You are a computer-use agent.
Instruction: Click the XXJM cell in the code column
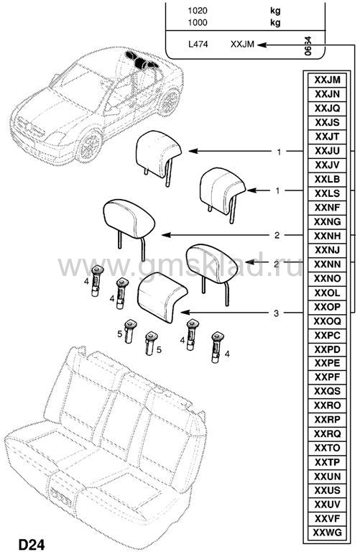pyautogui.click(x=327, y=80)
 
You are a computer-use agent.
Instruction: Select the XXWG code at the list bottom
pyautogui.click(x=327, y=532)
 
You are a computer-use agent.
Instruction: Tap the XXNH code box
pyautogui.click(x=327, y=236)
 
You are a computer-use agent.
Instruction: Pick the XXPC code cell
pyautogui.click(x=327, y=335)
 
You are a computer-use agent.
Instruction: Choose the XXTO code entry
pyautogui.click(x=327, y=448)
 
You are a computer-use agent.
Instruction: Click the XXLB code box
pyautogui.click(x=327, y=179)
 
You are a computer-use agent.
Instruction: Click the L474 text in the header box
pyautogui.click(x=198, y=45)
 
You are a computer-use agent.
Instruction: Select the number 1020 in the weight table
pyautogui.click(x=198, y=11)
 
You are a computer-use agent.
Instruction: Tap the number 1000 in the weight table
pyautogui.click(x=198, y=22)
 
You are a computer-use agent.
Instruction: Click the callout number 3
pyautogui.click(x=276, y=313)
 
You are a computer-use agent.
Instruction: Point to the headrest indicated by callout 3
pyautogui.click(x=162, y=296)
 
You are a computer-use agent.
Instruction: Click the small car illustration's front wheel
pyautogui.click(x=89, y=147)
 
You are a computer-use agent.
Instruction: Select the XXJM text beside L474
pyautogui.click(x=242, y=45)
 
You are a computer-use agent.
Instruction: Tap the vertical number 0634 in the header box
pyautogui.click(x=308, y=46)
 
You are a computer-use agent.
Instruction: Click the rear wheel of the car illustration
pyautogui.click(x=170, y=102)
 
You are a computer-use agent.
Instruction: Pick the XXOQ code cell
pyautogui.click(x=327, y=321)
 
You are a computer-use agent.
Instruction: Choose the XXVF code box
pyautogui.click(x=327, y=517)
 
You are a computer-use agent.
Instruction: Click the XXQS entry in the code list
pyautogui.click(x=327, y=391)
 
